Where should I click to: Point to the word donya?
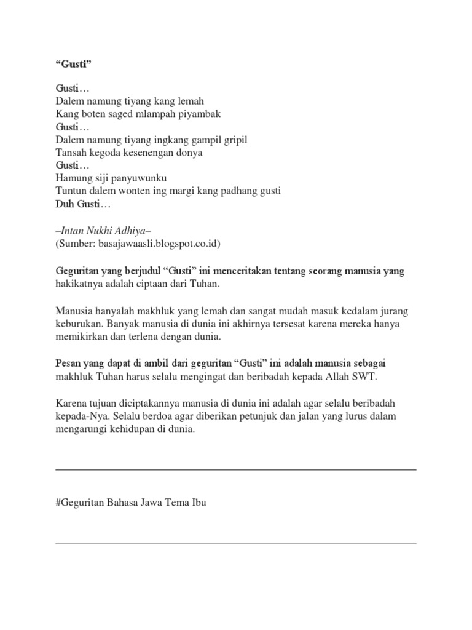point(189,153)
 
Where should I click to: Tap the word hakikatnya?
point(78,284)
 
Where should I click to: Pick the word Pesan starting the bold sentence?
point(69,364)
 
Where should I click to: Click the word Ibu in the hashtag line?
point(199,503)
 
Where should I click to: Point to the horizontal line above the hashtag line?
point(236,470)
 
